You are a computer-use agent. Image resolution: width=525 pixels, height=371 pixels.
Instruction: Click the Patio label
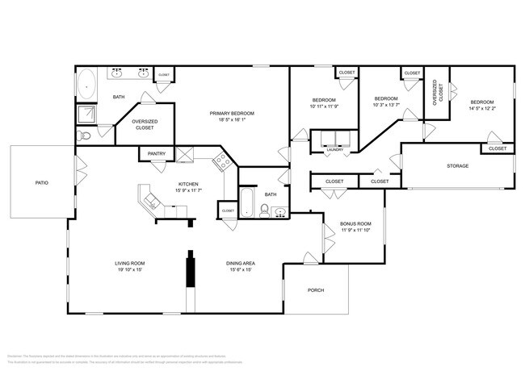tap(41, 183)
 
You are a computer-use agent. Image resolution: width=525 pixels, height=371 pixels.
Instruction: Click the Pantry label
tap(156, 153)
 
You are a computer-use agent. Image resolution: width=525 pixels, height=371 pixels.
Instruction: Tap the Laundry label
tap(334, 150)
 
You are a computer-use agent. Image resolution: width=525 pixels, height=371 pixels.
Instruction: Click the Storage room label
tap(457, 166)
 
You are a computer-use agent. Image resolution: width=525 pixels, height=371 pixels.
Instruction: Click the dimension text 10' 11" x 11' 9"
tap(323, 106)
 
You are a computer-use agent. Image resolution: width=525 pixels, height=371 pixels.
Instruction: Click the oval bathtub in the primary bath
tap(86, 85)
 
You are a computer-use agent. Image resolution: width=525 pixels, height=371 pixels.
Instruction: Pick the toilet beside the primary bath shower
tap(85, 138)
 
